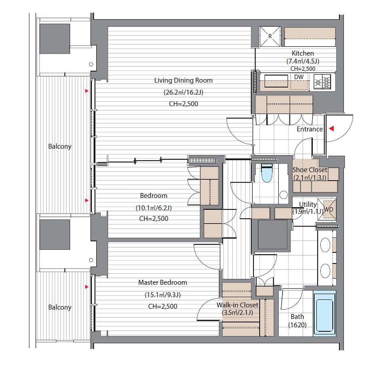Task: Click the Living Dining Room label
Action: (183, 80)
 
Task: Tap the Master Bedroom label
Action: (163, 282)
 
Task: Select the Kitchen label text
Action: (303, 53)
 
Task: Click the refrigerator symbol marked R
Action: (270, 36)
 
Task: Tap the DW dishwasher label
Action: (299, 77)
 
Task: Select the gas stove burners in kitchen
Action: (322, 81)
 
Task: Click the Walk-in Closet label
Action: (238, 308)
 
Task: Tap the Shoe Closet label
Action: (310, 174)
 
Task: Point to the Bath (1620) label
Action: (297, 321)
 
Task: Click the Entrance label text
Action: (310, 129)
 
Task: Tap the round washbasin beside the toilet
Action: (284, 195)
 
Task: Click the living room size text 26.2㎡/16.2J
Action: (183, 92)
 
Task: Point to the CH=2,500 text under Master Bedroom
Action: (163, 306)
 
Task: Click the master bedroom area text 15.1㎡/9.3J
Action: (163, 295)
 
